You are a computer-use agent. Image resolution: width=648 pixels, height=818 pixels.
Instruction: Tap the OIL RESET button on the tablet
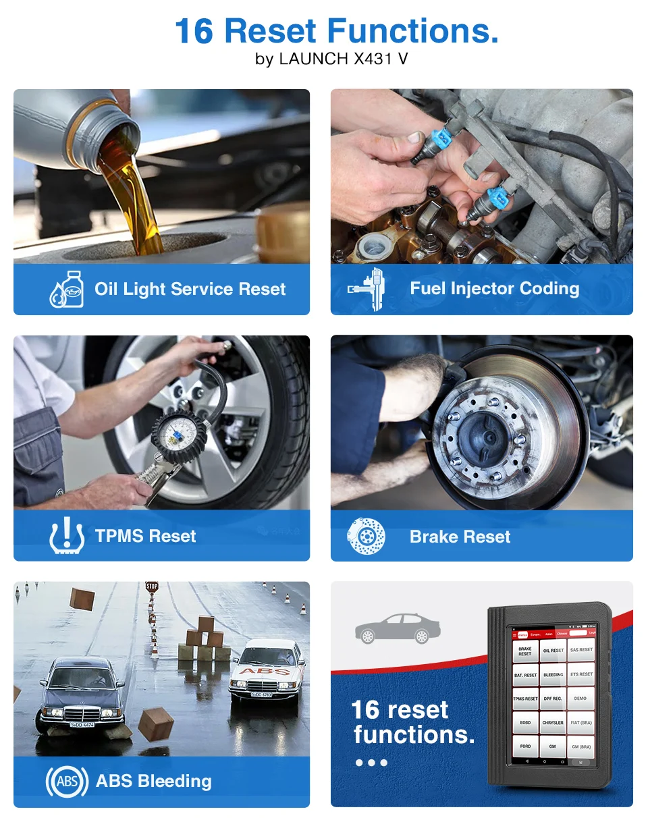click(x=553, y=651)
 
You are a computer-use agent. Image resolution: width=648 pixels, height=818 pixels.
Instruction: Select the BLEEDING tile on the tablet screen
click(x=553, y=674)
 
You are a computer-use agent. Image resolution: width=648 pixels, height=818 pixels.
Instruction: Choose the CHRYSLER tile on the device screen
click(x=553, y=722)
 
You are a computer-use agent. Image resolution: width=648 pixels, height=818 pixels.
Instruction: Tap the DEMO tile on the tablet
click(x=580, y=699)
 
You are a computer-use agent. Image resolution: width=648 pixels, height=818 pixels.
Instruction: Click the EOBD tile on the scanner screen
click(x=525, y=722)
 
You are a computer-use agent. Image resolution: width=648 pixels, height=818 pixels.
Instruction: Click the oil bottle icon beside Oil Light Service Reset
click(x=67, y=290)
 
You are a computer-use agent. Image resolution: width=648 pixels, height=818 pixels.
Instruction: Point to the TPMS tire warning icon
click(x=67, y=537)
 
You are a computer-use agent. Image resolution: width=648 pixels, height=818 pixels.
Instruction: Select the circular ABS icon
click(x=67, y=782)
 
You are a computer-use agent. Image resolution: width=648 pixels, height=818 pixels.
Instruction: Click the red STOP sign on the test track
click(x=152, y=587)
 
